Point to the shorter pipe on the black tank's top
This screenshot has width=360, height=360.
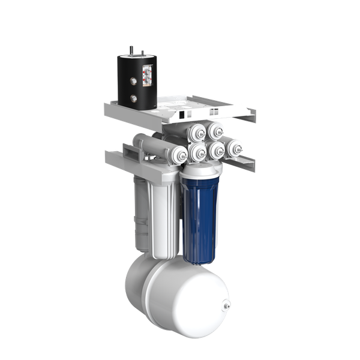143,53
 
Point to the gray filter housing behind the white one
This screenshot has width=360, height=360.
139,216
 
